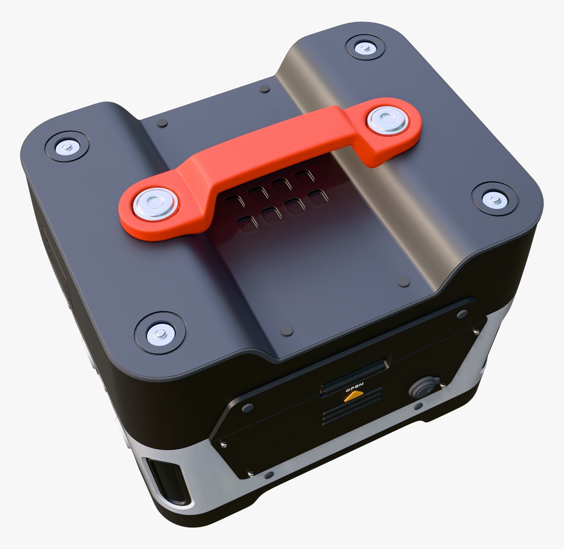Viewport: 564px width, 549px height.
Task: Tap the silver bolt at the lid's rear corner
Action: [364, 48]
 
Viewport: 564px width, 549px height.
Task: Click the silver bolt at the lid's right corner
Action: [495, 199]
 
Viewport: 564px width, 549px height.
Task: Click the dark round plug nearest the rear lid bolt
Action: [264, 89]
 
